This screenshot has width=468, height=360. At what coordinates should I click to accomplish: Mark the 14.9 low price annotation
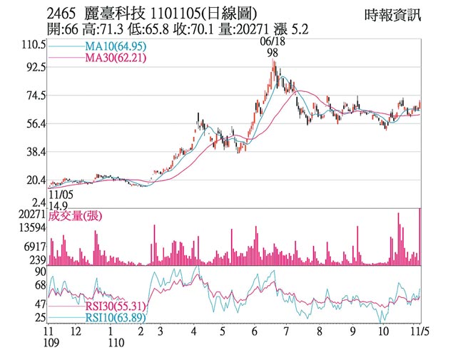59,205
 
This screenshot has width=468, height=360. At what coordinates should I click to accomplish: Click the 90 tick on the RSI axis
39,272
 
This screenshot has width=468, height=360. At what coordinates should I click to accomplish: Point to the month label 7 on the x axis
286,331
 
